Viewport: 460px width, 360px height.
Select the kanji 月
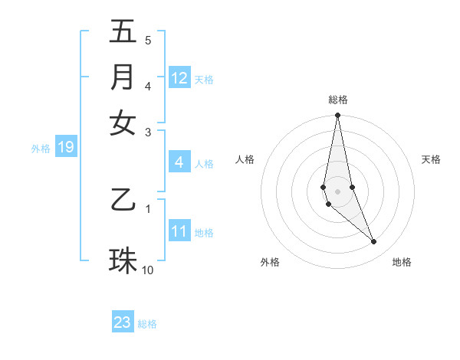[123, 77]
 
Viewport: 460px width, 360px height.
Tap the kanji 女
[123, 123]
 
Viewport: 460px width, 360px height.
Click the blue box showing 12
[179, 78]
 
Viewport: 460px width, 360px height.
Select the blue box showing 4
[179, 162]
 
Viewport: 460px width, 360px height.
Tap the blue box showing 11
[179, 231]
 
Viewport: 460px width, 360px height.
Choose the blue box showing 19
[66, 147]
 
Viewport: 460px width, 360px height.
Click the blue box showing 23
[123, 322]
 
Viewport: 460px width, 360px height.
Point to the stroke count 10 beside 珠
[148, 270]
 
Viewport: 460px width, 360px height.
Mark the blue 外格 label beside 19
[41, 148]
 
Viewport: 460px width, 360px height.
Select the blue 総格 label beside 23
[147, 324]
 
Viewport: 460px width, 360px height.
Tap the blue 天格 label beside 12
[204, 79]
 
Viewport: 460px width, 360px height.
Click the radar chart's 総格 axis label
[337, 100]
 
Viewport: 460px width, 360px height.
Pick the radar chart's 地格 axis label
[402, 263]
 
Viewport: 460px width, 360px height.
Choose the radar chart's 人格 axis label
[245, 159]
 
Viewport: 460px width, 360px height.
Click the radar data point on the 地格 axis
[374, 242]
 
